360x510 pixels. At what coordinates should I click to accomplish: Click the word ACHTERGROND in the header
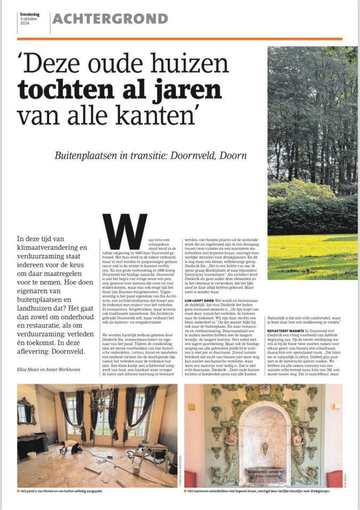tap(111, 20)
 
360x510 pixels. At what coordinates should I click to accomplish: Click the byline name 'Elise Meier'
tap(30, 376)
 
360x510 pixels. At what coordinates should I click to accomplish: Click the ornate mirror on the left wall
tap(26, 412)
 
